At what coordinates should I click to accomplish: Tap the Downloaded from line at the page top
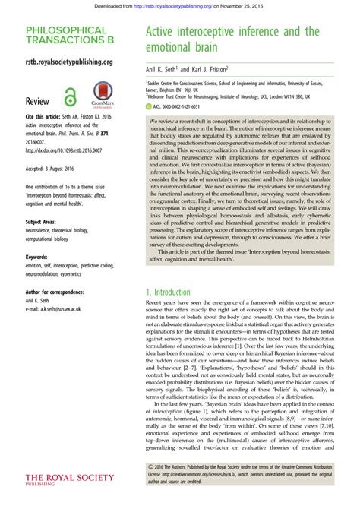point(180,5)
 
